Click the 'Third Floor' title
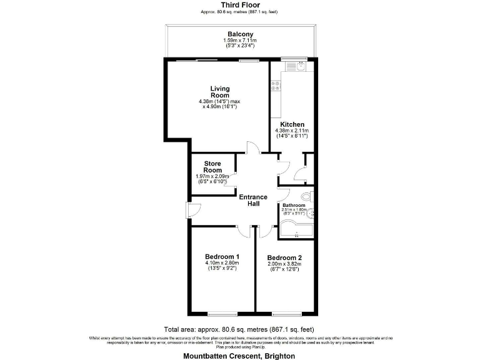(x=240, y=5)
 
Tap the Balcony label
(x=240, y=34)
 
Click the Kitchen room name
(x=292, y=124)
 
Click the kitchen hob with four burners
(x=274, y=85)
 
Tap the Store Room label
(x=213, y=167)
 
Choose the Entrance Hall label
(x=253, y=201)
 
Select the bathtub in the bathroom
(x=297, y=233)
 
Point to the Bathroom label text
(x=293, y=205)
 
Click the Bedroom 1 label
(x=222, y=256)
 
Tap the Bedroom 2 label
(x=284, y=257)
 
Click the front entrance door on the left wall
(x=189, y=210)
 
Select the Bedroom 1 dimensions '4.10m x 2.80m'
(x=222, y=263)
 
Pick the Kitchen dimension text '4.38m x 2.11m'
(x=292, y=131)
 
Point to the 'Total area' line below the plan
(x=240, y=329)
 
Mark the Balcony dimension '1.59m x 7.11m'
(x=240, y=41)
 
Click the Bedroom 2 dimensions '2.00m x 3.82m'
(x=284, y=264)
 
